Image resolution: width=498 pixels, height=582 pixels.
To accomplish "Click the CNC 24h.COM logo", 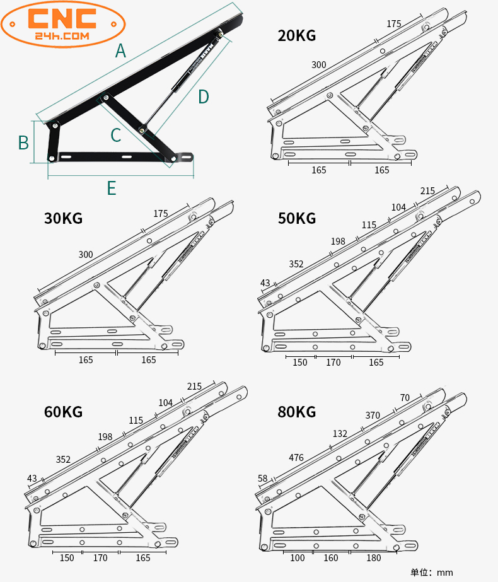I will (x=63, y=24).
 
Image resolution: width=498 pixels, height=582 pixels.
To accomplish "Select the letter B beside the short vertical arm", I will (x=23, y=143).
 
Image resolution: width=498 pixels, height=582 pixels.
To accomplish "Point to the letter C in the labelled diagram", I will (x=115, y=135).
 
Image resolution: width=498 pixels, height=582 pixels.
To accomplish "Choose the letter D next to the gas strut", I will (x=203, y=96).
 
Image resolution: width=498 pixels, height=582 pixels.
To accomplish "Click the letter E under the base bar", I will (x=112, y=188).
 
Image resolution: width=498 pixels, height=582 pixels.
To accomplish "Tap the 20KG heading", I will (x=296, y=36).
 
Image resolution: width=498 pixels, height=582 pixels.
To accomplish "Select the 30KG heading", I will (x=63, y=219).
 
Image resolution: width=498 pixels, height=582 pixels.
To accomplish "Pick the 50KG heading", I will (x=296, y=219).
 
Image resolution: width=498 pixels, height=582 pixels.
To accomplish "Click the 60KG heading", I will (x=63, y=412).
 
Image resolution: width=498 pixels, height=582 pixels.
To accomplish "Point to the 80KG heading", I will (x=296, y=412).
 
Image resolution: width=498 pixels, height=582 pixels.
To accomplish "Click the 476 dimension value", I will (x=296, y=457).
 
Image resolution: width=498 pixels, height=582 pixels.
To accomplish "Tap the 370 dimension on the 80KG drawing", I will (x=373, y=416).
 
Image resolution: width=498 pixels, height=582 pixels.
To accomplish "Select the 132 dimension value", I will (x=340, y=434).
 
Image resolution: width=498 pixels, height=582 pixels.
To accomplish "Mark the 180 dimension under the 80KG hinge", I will (x=374, y=558).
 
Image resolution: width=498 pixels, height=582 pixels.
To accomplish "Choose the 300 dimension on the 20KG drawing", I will (x=318, y=65).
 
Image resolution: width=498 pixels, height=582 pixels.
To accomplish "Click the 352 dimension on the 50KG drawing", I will (x=296, y=264).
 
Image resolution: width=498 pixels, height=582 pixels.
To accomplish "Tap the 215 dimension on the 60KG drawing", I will (x=194, y=386).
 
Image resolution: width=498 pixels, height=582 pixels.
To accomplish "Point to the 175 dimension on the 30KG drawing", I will (x=161, y=214).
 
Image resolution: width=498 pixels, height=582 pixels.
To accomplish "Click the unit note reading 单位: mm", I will (x=432, y=573).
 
